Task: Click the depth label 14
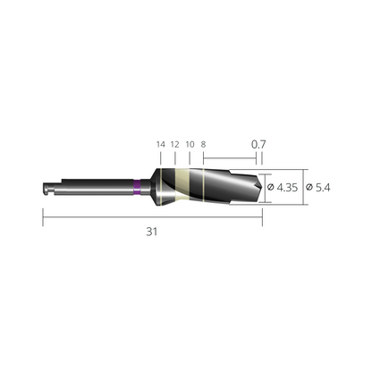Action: [x=161, y=145]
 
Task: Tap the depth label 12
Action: [x=175, y=145]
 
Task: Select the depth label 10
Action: [x=190, y=145]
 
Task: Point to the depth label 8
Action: [x=203, y=145]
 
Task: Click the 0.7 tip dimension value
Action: [x=258, y=144]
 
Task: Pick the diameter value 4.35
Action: [x=287, y=188]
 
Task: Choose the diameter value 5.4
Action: [x=323, y=188]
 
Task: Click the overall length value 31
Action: [x=152, y=232]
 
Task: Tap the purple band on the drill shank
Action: [x=137, y=188]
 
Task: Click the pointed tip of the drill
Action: [x=262, y=188]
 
